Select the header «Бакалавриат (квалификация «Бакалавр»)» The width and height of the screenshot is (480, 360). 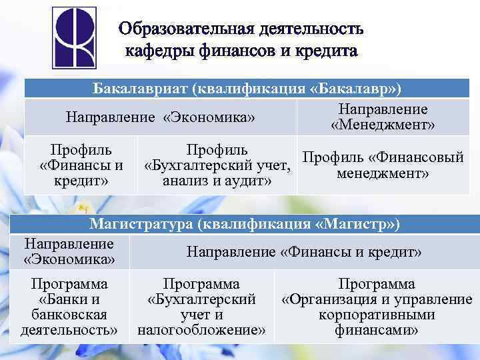(x=247, y=89)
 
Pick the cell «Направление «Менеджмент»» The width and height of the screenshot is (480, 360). (x=383, y=117)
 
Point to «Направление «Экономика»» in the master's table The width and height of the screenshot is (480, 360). (x=69, y=251)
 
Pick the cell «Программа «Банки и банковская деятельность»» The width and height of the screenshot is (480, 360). (x=69, y=307)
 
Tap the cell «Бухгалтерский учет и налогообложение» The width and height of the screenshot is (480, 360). (x=201, y=307)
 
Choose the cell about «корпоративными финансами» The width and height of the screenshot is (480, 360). (x=377, y=307)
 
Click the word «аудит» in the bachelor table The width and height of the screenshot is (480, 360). (x=247, y=181)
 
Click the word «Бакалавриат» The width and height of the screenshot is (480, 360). (x=137, y=89)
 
